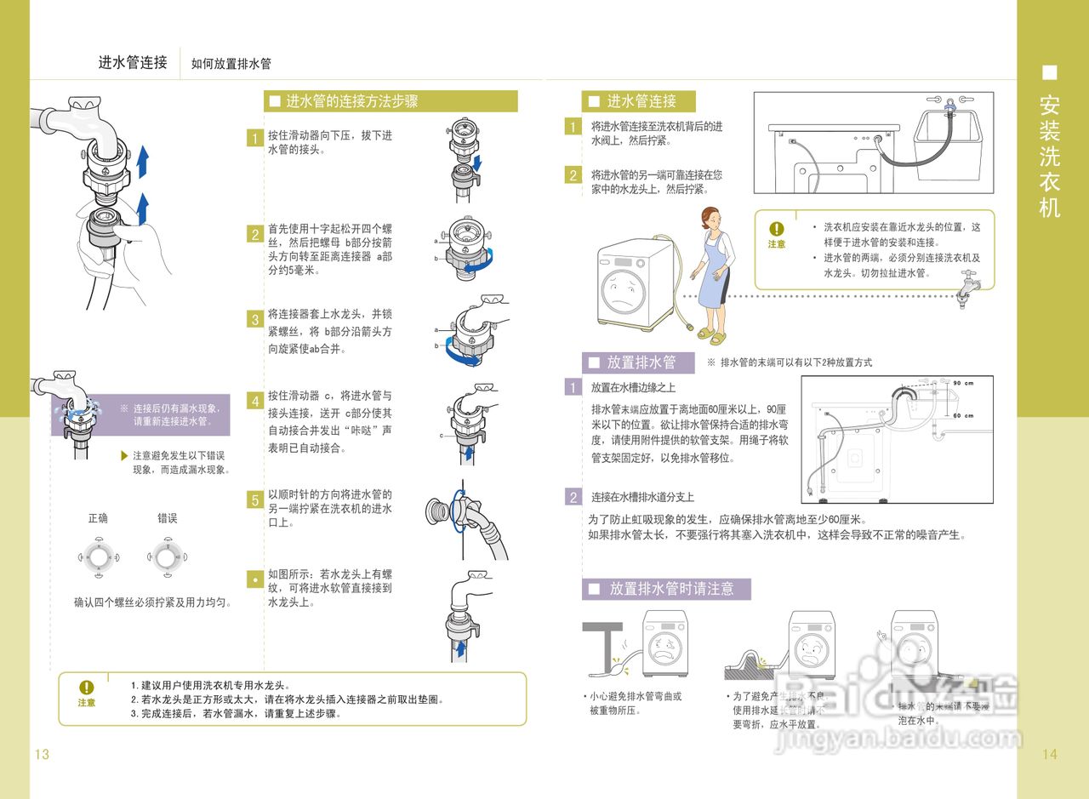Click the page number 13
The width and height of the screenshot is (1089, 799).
click(x=42, y=754)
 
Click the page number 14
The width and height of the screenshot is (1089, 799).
click(x=1048, y=754)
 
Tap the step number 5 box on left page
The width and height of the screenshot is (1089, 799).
click(x=254, y=500)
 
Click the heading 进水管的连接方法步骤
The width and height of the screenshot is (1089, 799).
click(x=351, y=101)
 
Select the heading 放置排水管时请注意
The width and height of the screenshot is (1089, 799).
click(x=670, y=588)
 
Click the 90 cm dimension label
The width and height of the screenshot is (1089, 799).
click(x=962, y=382)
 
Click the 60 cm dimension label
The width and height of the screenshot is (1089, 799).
click(x=962, y=415)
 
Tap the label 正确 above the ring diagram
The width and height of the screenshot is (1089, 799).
click(x=98, y=518)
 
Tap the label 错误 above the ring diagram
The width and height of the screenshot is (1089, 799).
click(x=168, y=518)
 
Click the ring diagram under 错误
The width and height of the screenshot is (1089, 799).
click(x=168, y=557)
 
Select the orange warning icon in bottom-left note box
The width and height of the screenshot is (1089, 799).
click(x=87, y=687)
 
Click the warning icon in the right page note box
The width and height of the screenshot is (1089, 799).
click(x=777, y=229)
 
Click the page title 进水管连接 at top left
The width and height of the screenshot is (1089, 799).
click(x=133, y=63)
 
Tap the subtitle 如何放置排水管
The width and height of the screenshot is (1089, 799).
click(x=231, y=64)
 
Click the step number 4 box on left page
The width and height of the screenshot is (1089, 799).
click(x=254, y=401)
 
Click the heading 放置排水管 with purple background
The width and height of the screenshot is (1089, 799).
click(x=641, y=362)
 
